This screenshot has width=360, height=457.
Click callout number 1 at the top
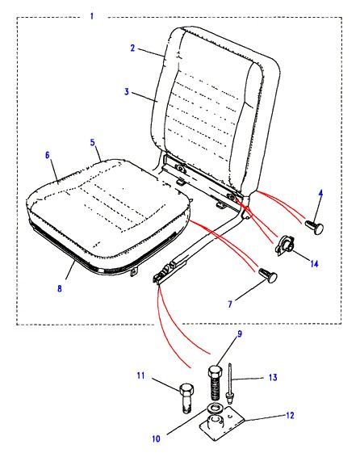click(92, 15)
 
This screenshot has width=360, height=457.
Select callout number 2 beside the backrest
click(133, 48)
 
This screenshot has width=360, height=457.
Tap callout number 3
click(127, 91)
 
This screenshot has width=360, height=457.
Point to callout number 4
click(320, 194)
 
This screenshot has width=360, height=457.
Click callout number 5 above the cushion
click(93, 142)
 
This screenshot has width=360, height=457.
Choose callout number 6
click(48, 155)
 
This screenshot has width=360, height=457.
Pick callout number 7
click(230, 304)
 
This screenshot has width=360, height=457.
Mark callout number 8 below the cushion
click(60, 288)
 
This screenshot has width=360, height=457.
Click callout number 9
click(240, 333)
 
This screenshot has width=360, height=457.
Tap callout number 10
click(156, 438)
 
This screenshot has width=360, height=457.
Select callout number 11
click(141, 375)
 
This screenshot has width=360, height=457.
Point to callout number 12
click(290, 415)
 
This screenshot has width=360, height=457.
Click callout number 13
click(273, 378)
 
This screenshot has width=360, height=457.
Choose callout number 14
click(314, 264)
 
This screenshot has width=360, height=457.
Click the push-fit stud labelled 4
click(314, 226)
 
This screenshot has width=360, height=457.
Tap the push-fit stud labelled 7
click(268, 275)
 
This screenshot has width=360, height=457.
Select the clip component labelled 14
click(285, 246)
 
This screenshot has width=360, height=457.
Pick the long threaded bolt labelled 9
click(216, 384)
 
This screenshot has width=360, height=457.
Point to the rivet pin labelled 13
click(230, 384)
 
